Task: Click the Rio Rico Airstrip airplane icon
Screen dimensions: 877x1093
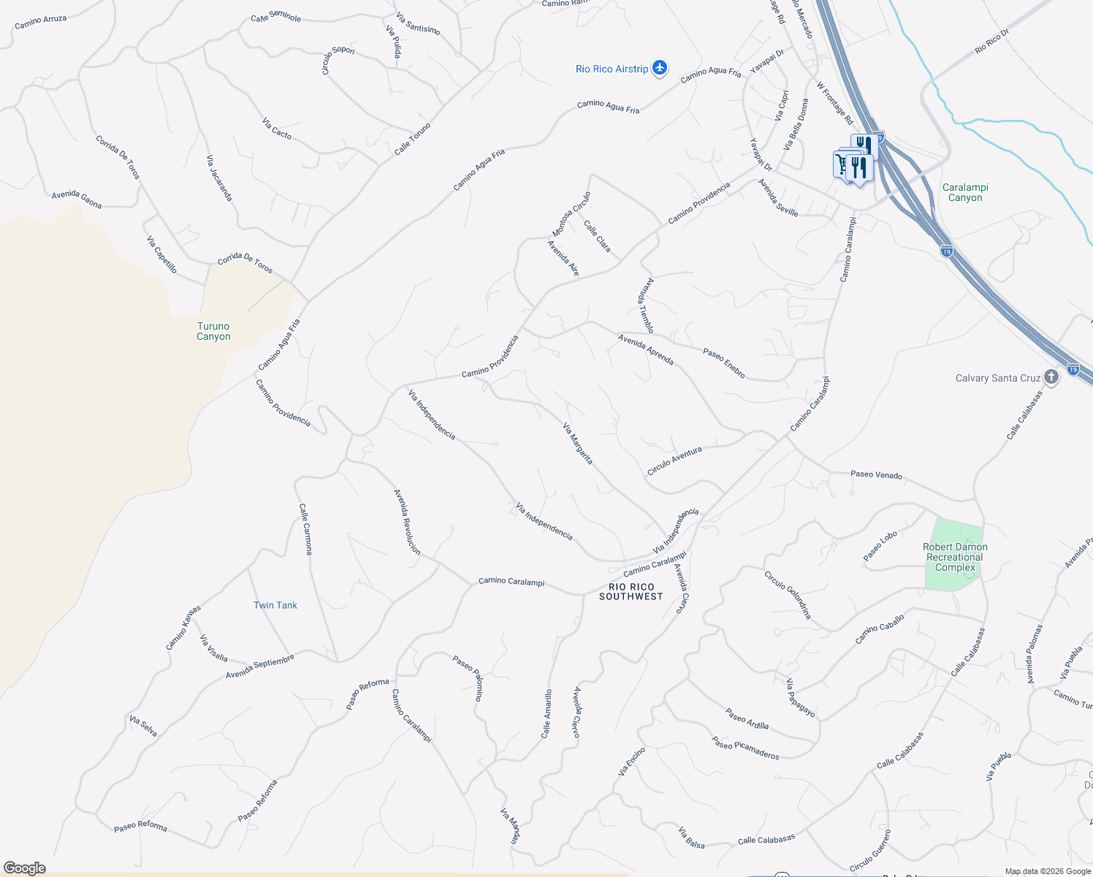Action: [x=660, y=68]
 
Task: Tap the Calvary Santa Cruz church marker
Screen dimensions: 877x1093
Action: [x=1051, y=378]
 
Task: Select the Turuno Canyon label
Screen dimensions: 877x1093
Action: [x=213, y=332]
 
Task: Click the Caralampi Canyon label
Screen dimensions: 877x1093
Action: [x=965, y=192]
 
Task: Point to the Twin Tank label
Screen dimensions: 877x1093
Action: [x=275, y=605]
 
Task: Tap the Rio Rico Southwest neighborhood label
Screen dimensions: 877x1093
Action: [x=631, y=591]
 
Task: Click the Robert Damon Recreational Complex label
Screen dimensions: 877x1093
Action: [x=955, y=557]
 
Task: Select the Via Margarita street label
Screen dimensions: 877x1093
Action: [x=578, y=444]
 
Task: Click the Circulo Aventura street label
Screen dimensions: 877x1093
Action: [x=674, y=461]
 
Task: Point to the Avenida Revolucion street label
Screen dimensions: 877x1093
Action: [x=407, y=522]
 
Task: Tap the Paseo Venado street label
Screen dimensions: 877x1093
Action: [x=876, y=474]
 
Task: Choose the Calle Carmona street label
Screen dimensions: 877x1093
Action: [x=305, y=529]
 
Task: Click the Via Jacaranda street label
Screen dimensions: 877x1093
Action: [x=219, y=178]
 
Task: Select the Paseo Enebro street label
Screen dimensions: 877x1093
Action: [x=724, y=363]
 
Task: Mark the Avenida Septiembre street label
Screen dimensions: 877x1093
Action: [x=260, y=666]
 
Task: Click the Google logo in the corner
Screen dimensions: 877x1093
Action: [x=24, y=868]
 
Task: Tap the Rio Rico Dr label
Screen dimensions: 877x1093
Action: [x=991, y=41]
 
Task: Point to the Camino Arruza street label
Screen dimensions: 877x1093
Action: [x=41, y=22]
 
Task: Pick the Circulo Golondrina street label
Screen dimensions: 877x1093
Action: [x=788, y=595]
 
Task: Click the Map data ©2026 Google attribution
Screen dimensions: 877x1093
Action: [x=1048, y=871]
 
